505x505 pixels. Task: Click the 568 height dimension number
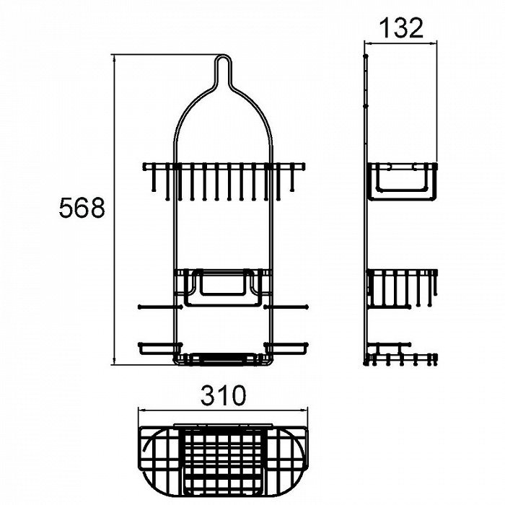pyautogui.click(x=82, y=208)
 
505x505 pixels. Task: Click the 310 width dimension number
pyautogui.click(x=223, y=395)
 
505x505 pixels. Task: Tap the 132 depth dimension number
pyautogui.click(x=401, y=28)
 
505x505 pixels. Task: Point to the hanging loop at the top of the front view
pyautogui.click(x=223, y=69)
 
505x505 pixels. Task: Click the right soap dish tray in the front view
pyautogui.click(x=286, y=348)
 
